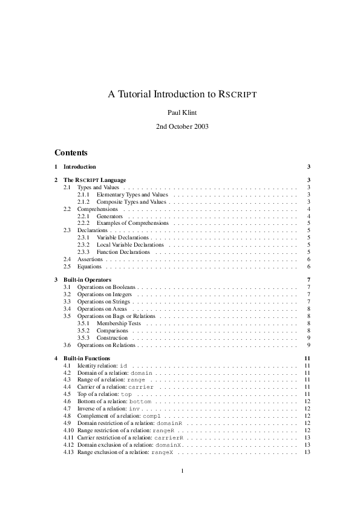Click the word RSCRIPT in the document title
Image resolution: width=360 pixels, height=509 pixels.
coord(238,95)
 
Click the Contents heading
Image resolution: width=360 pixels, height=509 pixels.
coord(71,152)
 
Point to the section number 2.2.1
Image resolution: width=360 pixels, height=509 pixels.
coord(83,216)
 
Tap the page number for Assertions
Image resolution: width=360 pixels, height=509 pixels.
coord(309,259)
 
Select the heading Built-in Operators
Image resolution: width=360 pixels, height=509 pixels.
coord(87,280)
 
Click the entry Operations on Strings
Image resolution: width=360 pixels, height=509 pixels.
coord(104,301)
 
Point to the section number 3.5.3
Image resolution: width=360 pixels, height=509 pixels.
coord(83,338)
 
